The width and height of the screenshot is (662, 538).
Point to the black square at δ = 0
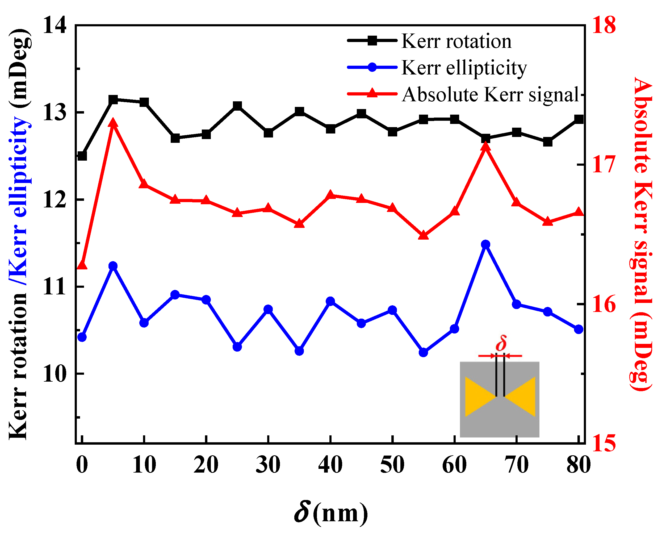(82, 156)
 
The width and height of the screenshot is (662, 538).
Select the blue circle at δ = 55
(423, 352)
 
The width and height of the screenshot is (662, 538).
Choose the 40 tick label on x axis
(330, 465)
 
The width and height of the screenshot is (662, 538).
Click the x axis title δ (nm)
(331, 513)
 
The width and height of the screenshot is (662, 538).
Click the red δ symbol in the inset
(501, 343)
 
